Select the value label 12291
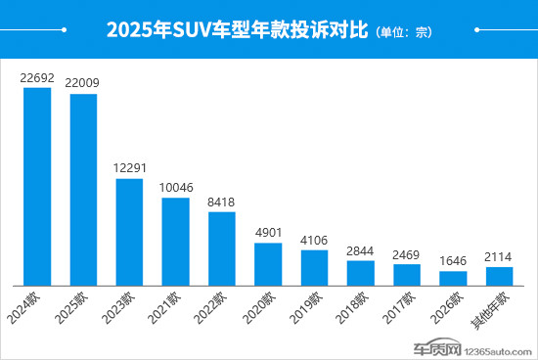click(130, 167)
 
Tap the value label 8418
click(222, 201)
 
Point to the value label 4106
click(314, 239)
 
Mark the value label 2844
click(360, 249)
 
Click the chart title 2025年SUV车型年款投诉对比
click(236, 30)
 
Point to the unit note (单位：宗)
click(403, 32)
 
